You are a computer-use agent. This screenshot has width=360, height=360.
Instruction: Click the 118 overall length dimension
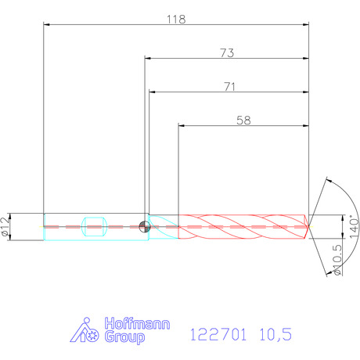tap(176, 20)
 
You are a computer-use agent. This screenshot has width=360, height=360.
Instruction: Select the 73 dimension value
tap(227, 53)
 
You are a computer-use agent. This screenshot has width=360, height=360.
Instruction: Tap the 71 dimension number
tap(229, 87)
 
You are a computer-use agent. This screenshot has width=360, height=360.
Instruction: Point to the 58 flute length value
tap(243, 121)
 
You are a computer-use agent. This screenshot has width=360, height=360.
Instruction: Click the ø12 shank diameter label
tap(5, 226)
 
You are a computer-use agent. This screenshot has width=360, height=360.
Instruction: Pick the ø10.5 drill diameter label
tap(337, 260)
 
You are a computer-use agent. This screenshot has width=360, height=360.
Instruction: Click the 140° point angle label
tap(354, 226)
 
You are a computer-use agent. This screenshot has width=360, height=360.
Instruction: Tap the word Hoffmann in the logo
tap(137, 323)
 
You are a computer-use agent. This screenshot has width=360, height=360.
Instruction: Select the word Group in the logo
tap(124, 337)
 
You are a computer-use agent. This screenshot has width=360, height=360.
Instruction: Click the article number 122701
tap(218, 334)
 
